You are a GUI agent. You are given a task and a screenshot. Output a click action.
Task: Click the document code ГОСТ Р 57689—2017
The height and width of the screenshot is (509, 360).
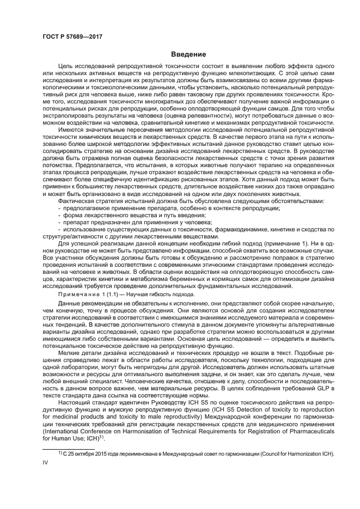coord(72,36)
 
